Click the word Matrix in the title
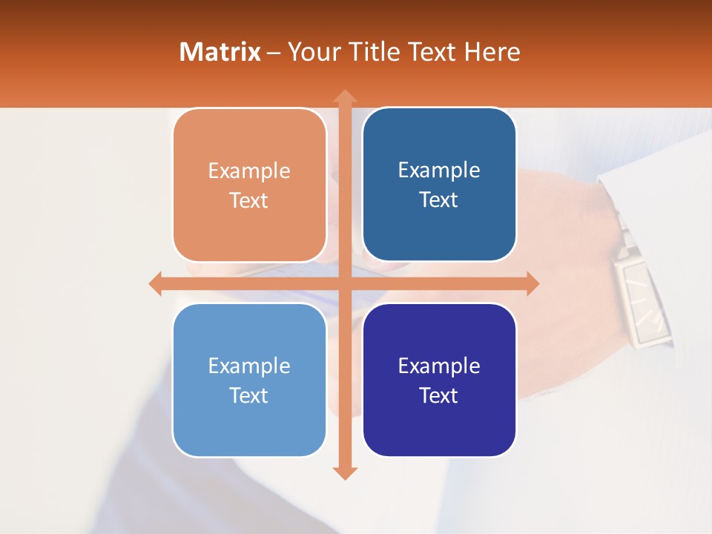220,52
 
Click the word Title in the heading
375,52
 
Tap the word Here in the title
492,52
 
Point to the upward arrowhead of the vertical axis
344,96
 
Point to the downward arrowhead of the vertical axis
344,472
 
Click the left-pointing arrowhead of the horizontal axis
156,283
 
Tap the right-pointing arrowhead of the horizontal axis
532,283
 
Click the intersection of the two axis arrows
344,283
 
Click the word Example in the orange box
249,171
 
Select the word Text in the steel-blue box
438,200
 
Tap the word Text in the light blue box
248,395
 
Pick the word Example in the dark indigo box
439,366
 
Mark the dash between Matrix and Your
274,53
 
